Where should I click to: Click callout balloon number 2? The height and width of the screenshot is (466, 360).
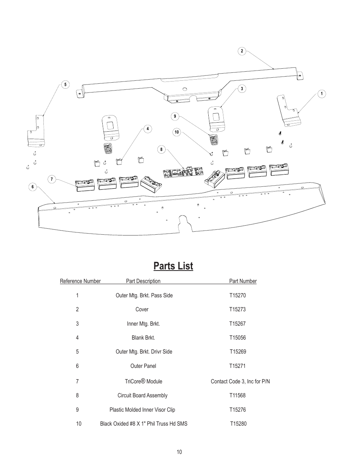[x=242, y=51]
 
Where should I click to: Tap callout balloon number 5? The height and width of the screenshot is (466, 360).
[x=65, y=85]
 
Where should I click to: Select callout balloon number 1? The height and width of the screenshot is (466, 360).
[x=321, y=94]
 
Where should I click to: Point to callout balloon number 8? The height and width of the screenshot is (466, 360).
[x=161, y=149]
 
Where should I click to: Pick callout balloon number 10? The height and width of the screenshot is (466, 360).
[x=177, y=132]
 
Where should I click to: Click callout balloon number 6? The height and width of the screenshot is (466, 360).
[x=33, y=187]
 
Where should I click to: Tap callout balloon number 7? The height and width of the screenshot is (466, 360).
[x=52, y=179]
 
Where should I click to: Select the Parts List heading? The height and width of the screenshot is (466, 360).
[x=173, y=266]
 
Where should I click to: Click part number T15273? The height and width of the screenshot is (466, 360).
[x=237, y=309]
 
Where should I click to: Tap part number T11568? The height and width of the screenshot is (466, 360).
[x=237, y=395]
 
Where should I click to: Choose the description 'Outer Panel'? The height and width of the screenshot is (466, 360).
[x=143, y=366]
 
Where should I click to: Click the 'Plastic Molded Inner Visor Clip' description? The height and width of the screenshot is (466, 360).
[x=142, y=410]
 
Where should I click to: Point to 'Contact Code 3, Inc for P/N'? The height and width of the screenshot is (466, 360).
[x=240, y=381]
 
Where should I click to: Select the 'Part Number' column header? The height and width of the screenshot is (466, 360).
[x=243, y=281]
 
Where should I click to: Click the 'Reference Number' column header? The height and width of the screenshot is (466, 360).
[x=80, y=281]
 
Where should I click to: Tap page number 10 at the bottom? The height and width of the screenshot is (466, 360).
[x=179, y=452]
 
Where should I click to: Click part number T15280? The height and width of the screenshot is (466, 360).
[x=238, y=424]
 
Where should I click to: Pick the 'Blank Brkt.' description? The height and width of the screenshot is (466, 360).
[x=143, y=338]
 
